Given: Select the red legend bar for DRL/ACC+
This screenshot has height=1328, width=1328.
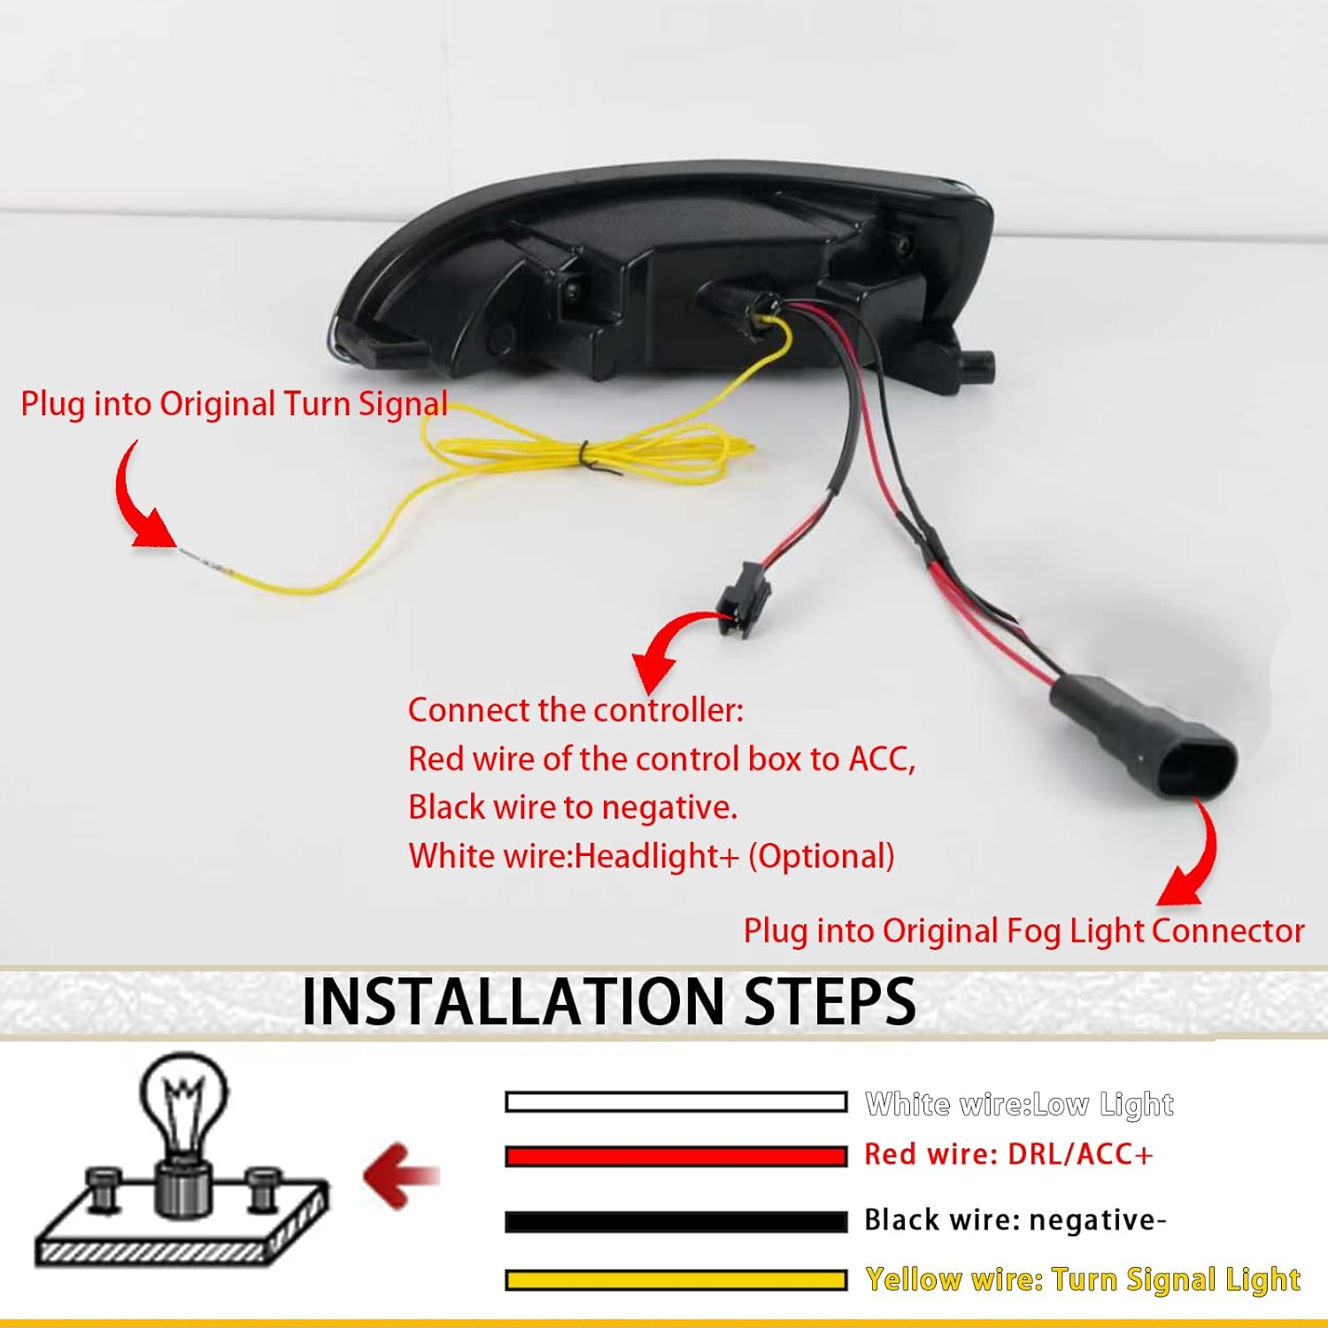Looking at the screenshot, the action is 676,1155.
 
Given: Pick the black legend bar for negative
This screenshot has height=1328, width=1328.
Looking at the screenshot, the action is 676,1222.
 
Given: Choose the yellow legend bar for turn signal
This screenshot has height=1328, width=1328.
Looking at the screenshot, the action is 676,1280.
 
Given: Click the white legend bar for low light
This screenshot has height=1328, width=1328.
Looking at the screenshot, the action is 676,1102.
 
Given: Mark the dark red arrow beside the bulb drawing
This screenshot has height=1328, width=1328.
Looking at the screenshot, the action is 400,1177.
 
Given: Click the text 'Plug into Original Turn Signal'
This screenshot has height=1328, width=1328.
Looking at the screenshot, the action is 234,404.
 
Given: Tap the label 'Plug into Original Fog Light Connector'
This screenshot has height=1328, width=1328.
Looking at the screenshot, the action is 1023,930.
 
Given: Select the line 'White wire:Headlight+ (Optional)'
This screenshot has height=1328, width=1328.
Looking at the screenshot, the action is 651,856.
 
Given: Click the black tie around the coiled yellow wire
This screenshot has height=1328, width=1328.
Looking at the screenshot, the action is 585,453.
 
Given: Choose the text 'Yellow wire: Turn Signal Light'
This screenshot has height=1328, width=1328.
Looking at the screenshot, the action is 1082,1280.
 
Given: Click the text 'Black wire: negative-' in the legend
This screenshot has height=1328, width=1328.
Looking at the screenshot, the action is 1015,1220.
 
